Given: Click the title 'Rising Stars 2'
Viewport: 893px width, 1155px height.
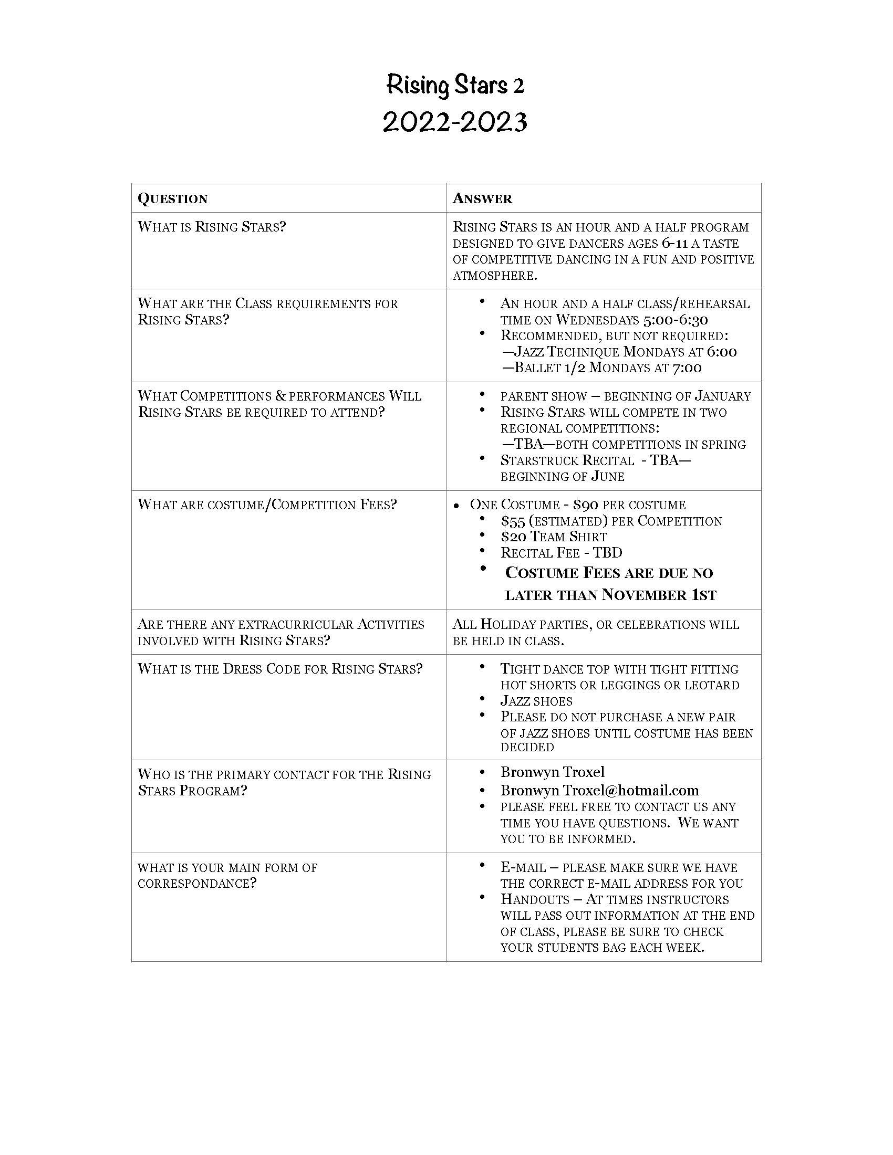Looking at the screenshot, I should (x=455, y=86).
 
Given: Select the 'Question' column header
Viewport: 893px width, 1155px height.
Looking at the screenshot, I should (x=173, y=199).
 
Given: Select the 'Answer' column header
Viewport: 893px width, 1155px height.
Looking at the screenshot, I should (x=482, y=199).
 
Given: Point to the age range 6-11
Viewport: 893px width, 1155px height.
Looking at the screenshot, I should (x=674, y=244).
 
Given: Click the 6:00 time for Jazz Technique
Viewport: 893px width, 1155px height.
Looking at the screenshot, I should (x=721, y=352).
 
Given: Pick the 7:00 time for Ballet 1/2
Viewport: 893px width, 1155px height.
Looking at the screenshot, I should (x=687, y=367).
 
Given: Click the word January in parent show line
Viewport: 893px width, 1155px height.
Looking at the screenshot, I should (x=723, y=396).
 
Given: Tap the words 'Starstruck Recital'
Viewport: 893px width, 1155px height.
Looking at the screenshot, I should (x=567, y=460).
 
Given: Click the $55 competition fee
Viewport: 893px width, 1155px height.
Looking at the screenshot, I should (x=513, y=521).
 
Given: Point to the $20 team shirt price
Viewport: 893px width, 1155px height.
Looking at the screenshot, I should (x=513, y=537).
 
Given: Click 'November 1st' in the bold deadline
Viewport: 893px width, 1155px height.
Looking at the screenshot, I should (x=659, y=595).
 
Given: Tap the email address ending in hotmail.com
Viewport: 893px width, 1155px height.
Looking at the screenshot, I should (x=599, y=791).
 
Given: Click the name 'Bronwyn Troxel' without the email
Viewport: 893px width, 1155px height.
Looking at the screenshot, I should (x=552, y=772).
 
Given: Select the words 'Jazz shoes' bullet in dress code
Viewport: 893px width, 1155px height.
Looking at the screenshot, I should (x=536, y=701).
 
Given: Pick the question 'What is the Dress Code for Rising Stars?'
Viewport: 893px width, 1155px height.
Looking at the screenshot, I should (x=280, y=669).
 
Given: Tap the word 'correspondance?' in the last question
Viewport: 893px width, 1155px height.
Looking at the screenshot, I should (x=197, y=884).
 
